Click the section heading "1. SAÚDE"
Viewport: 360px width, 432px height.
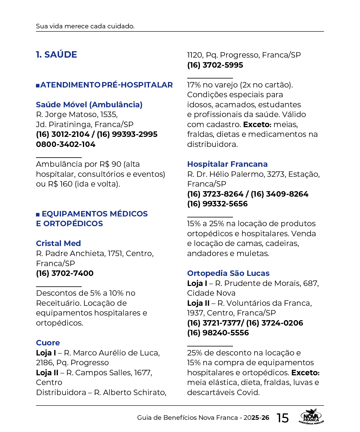pyautogui.click(x=56, y=55)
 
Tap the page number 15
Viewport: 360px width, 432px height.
pyautogui.click(x=283, y=418)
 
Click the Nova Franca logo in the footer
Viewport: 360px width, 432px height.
pyautogui.click(x=311, y=417)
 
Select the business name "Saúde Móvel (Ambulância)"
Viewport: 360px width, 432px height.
pyautogui.click(x=89, y=105)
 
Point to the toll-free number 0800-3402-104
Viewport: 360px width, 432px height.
pyautogui.click(x=66, y=144)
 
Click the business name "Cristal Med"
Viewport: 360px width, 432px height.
pyautogui.click(x=58, y=243)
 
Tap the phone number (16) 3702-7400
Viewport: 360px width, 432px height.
pyautogui.click(x=65, y=273)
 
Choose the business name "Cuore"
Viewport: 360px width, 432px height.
pyautogui.click(x=48, y=343)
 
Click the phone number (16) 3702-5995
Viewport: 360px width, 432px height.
pyautogui.click(x=215, y=65)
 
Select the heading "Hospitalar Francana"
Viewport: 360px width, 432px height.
pyautogui.click(x=227, y=164)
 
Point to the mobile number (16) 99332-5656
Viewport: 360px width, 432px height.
pyautogui.click(x=217, y=204)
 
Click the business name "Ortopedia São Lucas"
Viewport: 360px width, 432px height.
pyautogui.click(x=228, y=273)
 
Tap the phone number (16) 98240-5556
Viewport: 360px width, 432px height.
pyautogui.click(x=218, y=333)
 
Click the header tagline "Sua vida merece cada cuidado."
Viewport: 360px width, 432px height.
pyautogui.click(x=85, y=26)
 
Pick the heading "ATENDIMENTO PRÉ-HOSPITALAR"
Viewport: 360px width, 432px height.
pyautogui.click(x=106, y=85)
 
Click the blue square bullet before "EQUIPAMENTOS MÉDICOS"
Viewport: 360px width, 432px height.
pyautogui.click(x=38, y=214)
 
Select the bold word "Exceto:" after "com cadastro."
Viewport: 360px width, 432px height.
pyautogui.click(x=257, y=124)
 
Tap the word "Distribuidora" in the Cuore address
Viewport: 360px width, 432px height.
pyautogui.click(x=61, y=392)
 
